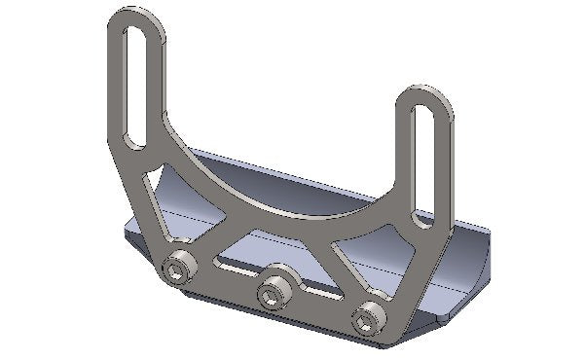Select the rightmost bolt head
pyautogui.click(x=367, y=316)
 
